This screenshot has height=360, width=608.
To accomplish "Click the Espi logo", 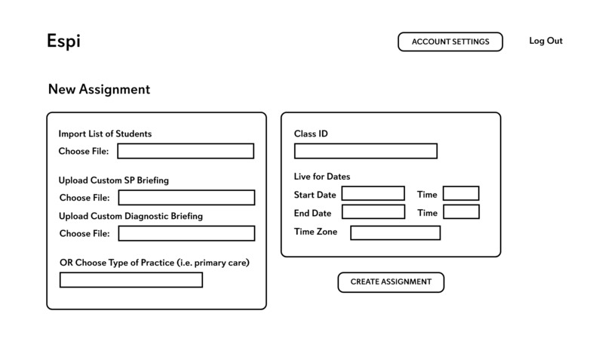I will click(x=63, y=42).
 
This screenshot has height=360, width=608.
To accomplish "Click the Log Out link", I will click(x=545, y=41).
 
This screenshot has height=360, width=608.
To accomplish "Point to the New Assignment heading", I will click(x=99, y=89).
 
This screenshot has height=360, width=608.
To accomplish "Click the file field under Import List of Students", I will click(x=186, y=151).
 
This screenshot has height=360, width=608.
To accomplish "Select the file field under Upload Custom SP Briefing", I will click(x=186, y=198).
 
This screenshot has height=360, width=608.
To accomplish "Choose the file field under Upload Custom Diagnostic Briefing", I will click(x=186, y=233).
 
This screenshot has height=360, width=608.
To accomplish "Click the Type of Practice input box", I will click(x=131, y=280).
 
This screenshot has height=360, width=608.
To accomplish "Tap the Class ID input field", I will click(x=365, y=151).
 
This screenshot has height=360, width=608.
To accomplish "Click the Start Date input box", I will click(x=373, y=194).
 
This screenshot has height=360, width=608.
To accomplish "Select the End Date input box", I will click(x=373, y=212).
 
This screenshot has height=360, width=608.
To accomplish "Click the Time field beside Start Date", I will click(x=461, y=194).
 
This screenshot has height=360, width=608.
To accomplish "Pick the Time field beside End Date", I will click(x=461, y=212).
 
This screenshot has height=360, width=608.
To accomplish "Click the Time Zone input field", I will click(x=395, y=232).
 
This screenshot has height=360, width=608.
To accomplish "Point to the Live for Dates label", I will click(x=322, y=177).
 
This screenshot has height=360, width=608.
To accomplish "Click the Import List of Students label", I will click(x=105, y=134).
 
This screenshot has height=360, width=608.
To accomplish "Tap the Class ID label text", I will click(x=311, y=134).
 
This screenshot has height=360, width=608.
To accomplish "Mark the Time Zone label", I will click(x=315, y=232).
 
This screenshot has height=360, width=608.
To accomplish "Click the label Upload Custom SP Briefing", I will click(x=113, y=180).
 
